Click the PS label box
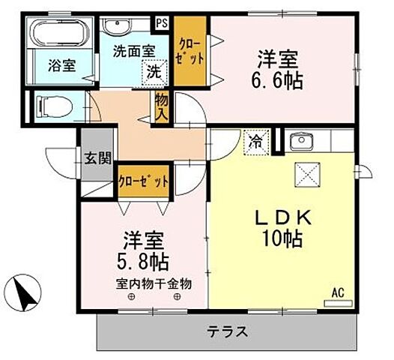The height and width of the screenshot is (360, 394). coord(161,23)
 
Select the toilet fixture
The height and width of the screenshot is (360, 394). coord(54,106)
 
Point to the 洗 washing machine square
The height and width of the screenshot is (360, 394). coord(153,73)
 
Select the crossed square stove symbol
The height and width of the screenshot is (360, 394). coord(306,175)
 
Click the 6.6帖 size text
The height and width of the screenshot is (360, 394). coord(277,81)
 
